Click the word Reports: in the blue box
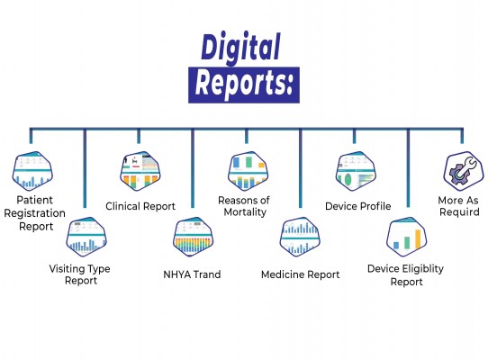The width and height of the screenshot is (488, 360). (x=244, y=84)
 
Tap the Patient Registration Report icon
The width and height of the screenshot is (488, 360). (x=32, y=171)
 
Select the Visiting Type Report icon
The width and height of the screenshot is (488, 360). (x=86, y=237)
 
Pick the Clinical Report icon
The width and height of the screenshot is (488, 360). (x=140, y=171)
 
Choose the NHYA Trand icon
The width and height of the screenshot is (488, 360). (x=194, y=237)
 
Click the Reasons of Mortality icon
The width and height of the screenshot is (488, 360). (x=248, y=171)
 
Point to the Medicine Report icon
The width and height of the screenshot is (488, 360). (x=300, y=237)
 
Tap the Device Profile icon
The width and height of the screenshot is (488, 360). (x=356, y=171)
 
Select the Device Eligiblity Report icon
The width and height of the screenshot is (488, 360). (x=406, y=237)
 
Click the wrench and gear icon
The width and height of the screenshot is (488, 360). (x=464, y=171)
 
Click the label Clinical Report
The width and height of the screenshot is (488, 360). (x=140, y=206)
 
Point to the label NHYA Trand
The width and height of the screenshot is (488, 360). (x=192, y=274)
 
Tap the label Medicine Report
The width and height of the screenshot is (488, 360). (x=301, y=274)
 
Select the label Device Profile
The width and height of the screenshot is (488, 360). (x=358, y=206)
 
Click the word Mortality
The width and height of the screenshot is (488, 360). (x=245, y=212)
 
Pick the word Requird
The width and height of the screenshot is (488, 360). (x=459, y=212)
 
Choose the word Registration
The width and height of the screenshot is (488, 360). (x=34, y=213)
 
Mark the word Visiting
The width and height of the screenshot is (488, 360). (x=67, y=269)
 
